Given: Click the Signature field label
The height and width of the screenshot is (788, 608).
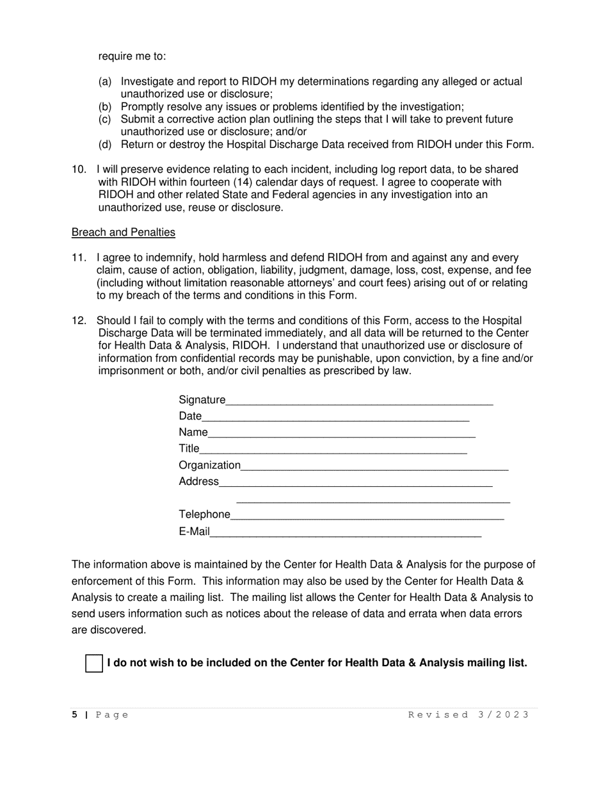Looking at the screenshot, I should (202, 400).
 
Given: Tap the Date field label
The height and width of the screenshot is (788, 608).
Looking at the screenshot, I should (189, 416).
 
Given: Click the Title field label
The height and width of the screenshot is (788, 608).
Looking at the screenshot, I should (189, 448).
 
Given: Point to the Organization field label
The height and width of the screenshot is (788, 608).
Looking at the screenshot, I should (209, 465).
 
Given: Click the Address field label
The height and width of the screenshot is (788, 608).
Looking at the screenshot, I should (198, 481).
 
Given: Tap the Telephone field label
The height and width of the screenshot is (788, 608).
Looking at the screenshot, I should (204, 514).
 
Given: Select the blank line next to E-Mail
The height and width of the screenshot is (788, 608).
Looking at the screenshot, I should (346, 532).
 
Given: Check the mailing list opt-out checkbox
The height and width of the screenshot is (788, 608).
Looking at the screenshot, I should (94, 664).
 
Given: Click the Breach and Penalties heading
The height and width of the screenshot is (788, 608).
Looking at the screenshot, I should (124, 232).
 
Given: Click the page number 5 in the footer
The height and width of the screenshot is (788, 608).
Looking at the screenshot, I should (75, 715).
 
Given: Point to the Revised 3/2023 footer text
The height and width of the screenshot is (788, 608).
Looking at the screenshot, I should (468, 715).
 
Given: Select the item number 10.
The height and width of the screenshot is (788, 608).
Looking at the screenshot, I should (79, 170).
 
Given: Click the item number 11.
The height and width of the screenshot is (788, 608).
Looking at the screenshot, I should (79, 258).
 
